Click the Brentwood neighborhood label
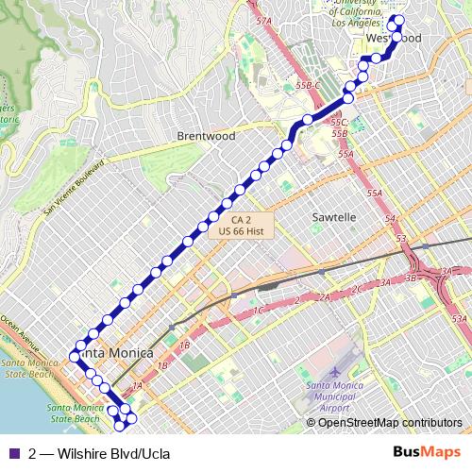point(206,136)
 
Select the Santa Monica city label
point(115,352)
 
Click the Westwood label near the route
point(392,38)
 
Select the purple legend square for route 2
point(15,452)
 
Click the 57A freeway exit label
point(263,20)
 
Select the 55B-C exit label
point(309,85)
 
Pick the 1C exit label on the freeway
point(257,310)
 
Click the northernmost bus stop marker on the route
point(398,20)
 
